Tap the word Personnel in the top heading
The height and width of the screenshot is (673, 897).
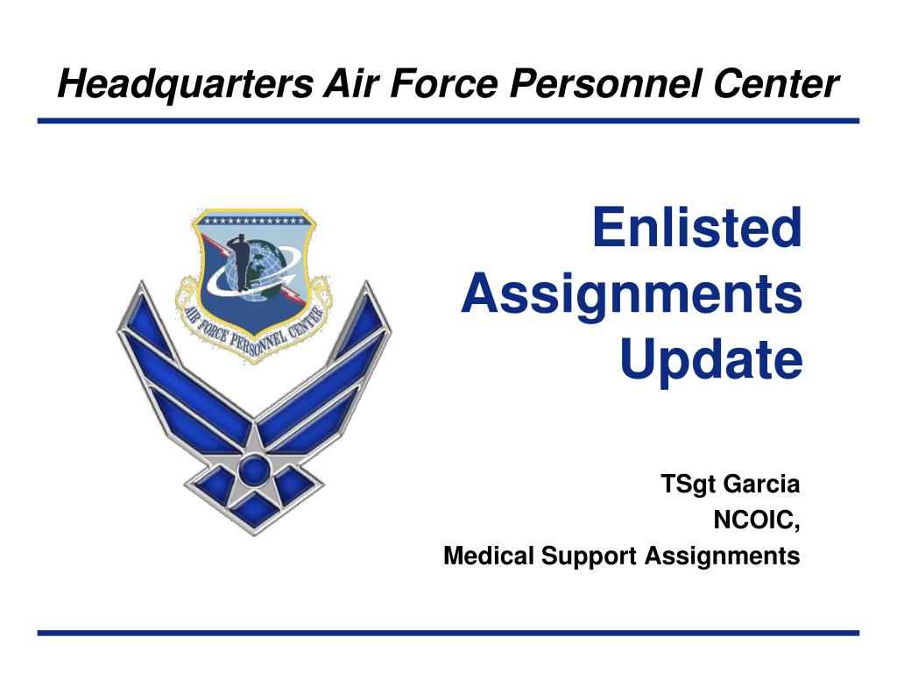(x=606, y=83)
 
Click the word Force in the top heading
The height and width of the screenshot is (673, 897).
(x=444, y=83)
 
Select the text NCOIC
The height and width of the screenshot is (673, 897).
(x=756, y=521)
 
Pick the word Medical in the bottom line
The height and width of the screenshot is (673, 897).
(x=489, y=555)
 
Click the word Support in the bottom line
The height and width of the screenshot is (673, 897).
(x=589, y=556)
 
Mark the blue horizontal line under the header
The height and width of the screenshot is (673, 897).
(x=448, y=121)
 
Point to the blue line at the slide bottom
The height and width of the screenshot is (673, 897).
(x=448, y=633)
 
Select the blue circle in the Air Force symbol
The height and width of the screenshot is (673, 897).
(x=253, y=470)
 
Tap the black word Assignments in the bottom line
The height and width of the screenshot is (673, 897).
(x=722, y=556)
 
